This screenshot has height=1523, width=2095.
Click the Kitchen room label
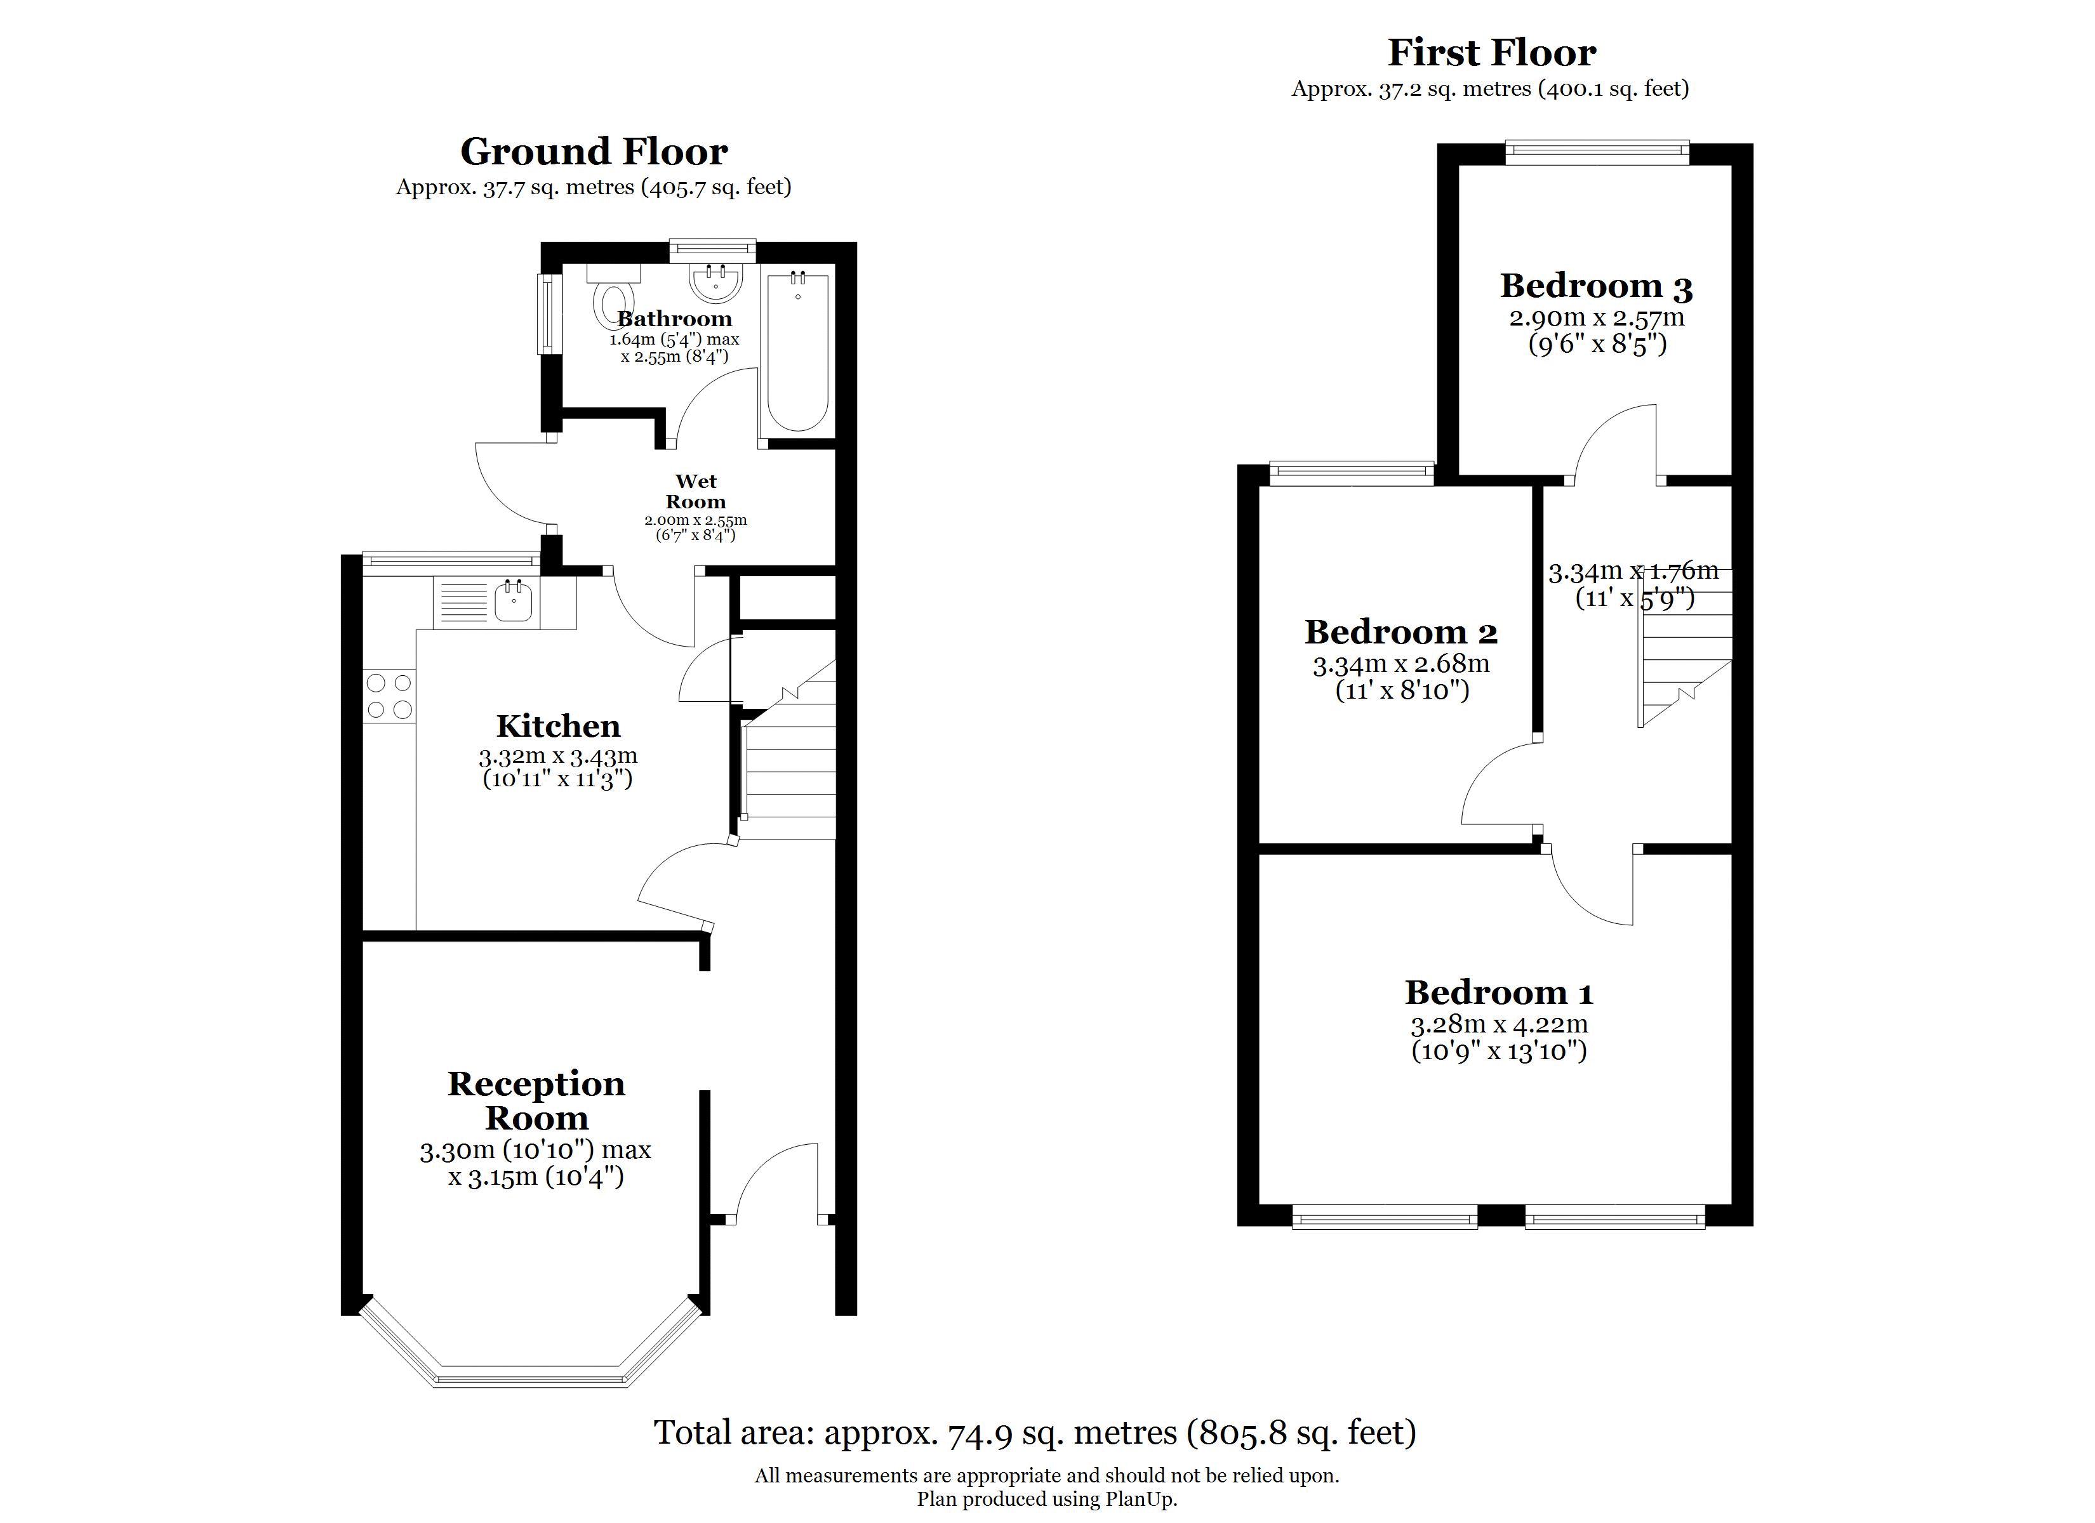[x=558, y=726]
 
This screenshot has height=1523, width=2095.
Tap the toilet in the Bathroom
[x=613, y=296]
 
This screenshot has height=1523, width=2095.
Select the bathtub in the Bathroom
[x=797, y=351]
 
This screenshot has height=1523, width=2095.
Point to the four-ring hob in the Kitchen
[x=389, y=696]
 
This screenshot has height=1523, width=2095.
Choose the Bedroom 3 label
[x=1596, y=286]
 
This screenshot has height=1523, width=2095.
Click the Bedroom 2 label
[x=1400, y=633]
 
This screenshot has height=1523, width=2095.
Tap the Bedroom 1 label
[x=1498, y=993]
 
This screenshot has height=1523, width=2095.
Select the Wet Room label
[x=696, y=491]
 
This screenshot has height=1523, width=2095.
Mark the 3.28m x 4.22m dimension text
[x=1498, y=1024]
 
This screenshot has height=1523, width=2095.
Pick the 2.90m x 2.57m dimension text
[x=1596, y=318]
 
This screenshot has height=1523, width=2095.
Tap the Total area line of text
[x=1035, y=1432]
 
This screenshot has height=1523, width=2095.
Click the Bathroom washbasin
[x=716, y=282]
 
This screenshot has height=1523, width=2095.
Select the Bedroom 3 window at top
[x=1597, y=152]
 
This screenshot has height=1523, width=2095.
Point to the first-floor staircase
[x=1685, y=647]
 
